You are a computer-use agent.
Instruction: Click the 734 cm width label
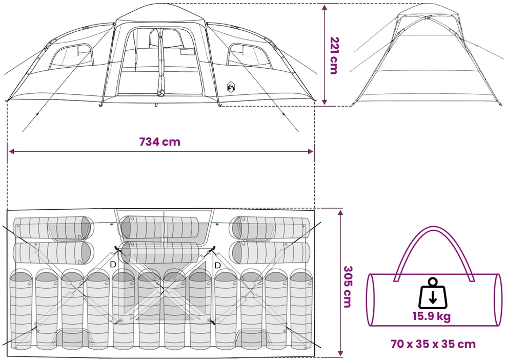(x=160, y=142)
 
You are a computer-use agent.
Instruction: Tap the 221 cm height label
(x=334, y=55)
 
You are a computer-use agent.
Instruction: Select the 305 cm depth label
(x=347, y=287)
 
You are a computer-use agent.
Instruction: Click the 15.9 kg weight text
(x=432, y=316)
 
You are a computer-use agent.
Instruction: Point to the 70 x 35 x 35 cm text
(x=433, y=344)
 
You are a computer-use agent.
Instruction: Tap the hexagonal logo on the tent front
(x=231, y=87)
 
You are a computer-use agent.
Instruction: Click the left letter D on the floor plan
(x=113, y=265)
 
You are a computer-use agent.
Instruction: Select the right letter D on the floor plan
(x=217, y=265)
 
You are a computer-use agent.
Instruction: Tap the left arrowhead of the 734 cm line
(x=11, y=151)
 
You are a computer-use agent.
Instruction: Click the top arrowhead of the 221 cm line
(x=325, y=7)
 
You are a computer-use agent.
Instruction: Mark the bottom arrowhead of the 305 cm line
(x=340, y=353)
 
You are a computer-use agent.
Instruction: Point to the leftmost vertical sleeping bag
(x=22, y=310)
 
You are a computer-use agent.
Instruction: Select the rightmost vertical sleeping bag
(x=301, y=310)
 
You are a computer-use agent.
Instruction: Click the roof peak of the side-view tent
(x=427, y=5)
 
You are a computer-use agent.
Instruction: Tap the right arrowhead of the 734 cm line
(x=311, y=151)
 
